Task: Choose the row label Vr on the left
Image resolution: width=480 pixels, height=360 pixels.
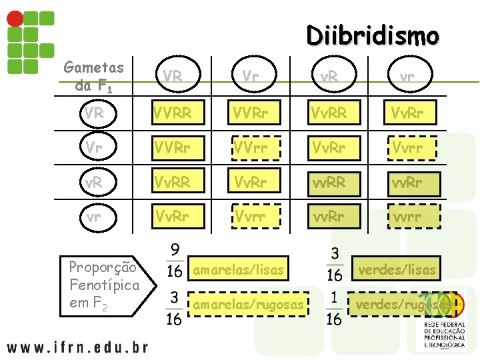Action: [94, 147]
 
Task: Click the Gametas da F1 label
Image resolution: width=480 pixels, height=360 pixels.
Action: [93, 76]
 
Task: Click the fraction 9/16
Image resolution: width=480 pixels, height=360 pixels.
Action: [174, 261]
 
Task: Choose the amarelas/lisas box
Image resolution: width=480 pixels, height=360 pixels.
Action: [238, 270]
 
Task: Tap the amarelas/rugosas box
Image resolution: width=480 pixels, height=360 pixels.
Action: [248, 305]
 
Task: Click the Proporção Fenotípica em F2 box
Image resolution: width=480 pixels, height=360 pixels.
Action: [104, 285]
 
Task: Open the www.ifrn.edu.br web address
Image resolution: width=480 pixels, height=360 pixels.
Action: [77, 347]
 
